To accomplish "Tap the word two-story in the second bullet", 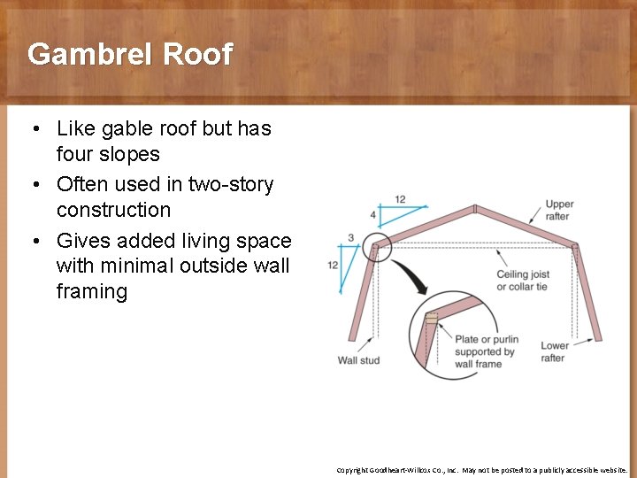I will (230, 184).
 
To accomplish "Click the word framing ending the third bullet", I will (91, 291).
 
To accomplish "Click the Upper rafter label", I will (559, 211).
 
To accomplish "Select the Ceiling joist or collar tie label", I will (523, 281).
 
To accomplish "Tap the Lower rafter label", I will (555, 351).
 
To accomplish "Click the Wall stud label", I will (358, 360).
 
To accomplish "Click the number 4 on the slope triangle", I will (373, 215).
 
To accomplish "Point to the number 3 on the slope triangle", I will (350, 238).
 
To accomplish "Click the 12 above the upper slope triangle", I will (400, 199).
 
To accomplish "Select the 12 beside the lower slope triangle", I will (333, 265).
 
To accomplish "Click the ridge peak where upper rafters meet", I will (475, 210).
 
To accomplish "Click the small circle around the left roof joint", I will (379, 248).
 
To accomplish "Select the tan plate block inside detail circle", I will (431, 316).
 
